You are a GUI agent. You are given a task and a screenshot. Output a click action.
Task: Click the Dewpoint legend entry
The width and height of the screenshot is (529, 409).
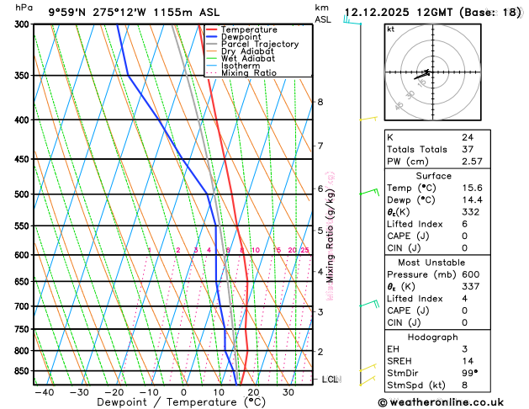click(x=242, y=37)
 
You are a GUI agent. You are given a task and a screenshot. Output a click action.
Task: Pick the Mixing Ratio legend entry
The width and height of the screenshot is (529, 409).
click(x=249, y=72)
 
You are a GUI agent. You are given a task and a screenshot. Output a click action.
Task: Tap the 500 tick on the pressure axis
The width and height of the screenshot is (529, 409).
click(x=22, y=194)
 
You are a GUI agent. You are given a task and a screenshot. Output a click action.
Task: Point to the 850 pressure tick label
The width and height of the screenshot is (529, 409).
click(x=22, y=371)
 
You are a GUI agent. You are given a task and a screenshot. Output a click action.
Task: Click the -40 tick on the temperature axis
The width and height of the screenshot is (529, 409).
click(x=44, y=392)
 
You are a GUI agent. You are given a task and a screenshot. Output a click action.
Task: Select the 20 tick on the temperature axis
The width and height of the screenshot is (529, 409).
click(x=253, y=392)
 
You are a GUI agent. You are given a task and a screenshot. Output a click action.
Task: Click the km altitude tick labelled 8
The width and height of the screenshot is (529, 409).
click(x=320, y=102)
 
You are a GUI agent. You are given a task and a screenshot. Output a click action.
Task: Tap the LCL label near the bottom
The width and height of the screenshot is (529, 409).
click(x=331, y=380)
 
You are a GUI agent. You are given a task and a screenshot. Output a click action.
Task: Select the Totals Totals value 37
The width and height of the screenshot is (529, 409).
click(x=467, y=148)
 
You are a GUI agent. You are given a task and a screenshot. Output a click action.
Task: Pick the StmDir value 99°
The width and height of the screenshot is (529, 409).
click(x=469, y=372)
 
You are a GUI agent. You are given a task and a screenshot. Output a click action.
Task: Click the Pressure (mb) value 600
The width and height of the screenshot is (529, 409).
click(x=469, y=274)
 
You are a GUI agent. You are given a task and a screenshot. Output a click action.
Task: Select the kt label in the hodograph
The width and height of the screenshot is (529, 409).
click(x=390, y=29)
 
